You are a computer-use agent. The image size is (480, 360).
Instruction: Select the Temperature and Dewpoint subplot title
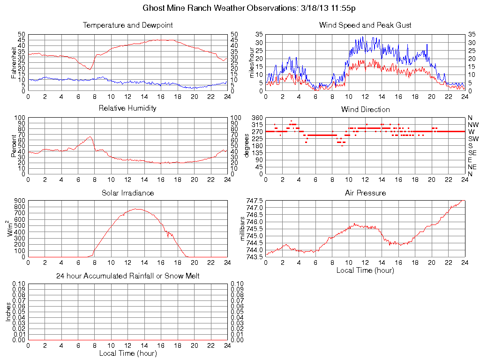[127, 25]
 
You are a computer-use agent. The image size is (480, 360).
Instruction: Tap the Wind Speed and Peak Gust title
[365, 25]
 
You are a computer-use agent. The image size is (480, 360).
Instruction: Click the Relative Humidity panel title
[127, 108]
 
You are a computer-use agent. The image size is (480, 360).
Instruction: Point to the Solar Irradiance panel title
[127, 193]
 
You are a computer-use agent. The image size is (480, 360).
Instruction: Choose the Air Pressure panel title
[365, 193]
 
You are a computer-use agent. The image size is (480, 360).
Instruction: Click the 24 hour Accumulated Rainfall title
[127, 276]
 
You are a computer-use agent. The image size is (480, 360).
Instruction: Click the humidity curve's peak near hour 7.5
[90, 136]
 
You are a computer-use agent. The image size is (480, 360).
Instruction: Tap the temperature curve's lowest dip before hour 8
[90, 69]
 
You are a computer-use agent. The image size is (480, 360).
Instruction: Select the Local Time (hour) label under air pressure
[365, 270]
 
